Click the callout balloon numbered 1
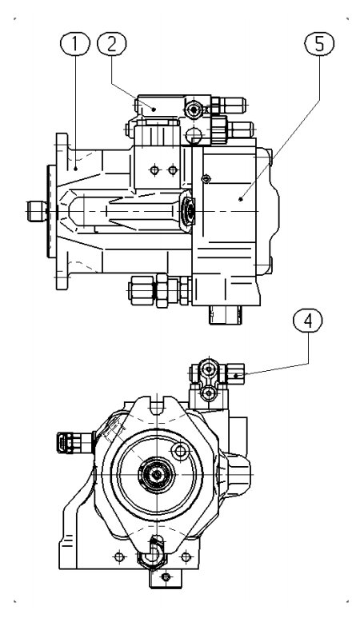click(x=75, y=44)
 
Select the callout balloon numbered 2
click(x=111, y=44)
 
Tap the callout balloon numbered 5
click(x=319, y=44)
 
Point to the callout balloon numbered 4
click(x=308, y=321)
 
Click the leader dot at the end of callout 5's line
click(x=241, y=199)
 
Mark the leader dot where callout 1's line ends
click(x=75, y=169)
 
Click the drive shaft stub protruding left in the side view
click(x=37, y=210)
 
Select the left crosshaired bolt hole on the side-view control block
click(x=154, y=170)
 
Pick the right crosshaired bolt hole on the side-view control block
click(x=172, y=170)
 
